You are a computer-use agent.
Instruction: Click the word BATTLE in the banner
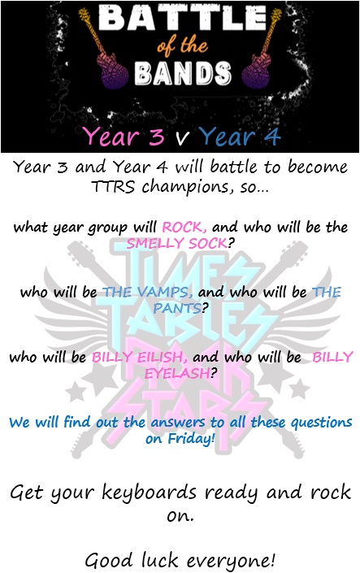tap(182, 17)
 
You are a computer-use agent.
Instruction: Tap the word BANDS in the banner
tap(182, 73)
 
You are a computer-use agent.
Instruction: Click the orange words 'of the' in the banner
tap(182, 46)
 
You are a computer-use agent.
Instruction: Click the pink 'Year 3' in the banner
tap(124, 136)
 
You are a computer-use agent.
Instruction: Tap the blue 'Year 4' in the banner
tap(240, 137)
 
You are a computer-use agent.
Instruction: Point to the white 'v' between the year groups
tap(182, 138)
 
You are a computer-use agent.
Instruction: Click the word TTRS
tap(113, 186)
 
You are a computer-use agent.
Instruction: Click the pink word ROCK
tap(183, 228)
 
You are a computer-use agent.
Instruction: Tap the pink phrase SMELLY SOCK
tap(176, 243)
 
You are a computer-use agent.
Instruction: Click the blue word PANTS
tap(177, 308)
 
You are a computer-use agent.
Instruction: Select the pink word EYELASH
tap(177, 373)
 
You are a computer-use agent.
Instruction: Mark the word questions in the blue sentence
tap(321, 423)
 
